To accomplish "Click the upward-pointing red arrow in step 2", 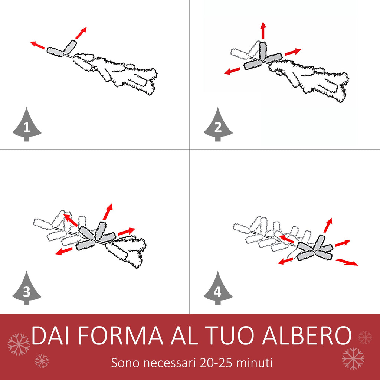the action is [263, 30].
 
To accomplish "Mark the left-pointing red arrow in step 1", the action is [37, 45].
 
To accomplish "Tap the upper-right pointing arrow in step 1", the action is [81, 33].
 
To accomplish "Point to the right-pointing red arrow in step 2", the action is [293, 52].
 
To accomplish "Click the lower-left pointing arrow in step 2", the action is [232, 71].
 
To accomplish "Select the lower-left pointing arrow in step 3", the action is [64, 251].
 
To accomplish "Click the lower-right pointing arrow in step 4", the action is [347, 262].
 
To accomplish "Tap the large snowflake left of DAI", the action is [19, 344].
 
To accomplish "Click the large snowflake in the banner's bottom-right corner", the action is [353, 358].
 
